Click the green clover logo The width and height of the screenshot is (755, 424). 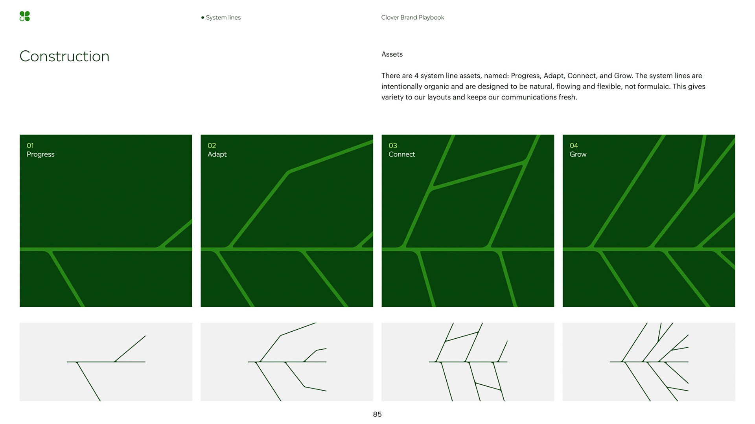[24, 16]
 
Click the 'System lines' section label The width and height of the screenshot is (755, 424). [223, 18]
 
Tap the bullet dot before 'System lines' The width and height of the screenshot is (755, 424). [203, 18]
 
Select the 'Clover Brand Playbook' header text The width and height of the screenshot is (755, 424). [412, 18]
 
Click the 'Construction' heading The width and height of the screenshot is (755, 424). [64, 56]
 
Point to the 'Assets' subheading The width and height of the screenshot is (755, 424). [392, 54]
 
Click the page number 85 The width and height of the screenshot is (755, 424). [377, 414]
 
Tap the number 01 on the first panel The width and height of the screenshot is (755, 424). [30, 145]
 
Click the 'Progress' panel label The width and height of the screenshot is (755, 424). [41, 154]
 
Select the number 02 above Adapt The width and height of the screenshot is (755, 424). [212, 145]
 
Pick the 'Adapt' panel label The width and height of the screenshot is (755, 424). [217, 154]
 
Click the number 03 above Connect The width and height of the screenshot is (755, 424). [392, 145]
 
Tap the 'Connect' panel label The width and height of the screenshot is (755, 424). [402, 154]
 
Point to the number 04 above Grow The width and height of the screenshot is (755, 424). [574, 145]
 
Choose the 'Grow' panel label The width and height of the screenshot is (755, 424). [578, 154]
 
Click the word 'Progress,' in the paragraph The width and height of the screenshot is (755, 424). [525, 76]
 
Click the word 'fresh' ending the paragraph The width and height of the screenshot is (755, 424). [567, 97]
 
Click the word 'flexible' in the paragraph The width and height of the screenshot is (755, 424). [608, 86]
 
